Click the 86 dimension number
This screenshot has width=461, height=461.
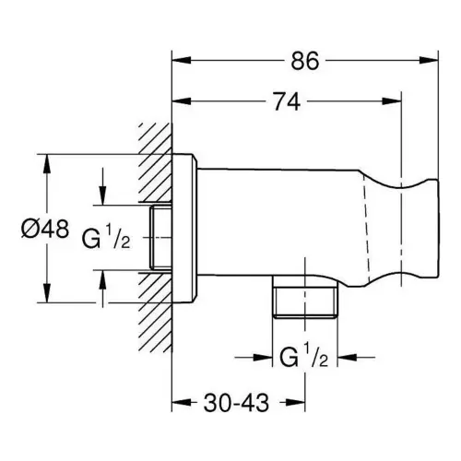[x=305, y=61]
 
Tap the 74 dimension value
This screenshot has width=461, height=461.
[x=287, y=101]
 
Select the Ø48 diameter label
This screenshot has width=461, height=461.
[x=45, y=229]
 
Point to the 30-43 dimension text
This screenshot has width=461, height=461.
[x=236, y=403]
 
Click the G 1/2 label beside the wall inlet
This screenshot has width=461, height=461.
[x=106, y=236]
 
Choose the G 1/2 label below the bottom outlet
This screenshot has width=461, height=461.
[x=304, y=355]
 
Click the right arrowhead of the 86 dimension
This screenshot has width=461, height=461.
[x=429, y=60]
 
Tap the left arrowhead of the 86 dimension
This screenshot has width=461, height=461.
[x=182, y=60]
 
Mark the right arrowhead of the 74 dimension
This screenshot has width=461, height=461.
[x=392, y=101]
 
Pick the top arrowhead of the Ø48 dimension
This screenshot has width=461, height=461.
[x=47, y=163]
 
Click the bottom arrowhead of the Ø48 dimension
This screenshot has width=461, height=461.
[x=47, y=293]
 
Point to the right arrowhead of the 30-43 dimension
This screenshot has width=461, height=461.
[x=296, y=402]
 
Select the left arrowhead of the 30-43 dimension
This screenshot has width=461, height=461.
[x=182, y=402]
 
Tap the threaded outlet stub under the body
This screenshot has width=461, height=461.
[x=305, y=301]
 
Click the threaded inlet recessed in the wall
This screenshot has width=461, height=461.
[x=160, y=238]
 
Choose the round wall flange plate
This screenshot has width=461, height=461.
[x=184, y=229]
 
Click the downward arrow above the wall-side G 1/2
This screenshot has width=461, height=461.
[x=102, y=186]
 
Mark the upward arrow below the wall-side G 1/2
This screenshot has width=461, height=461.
[x=102, y=289]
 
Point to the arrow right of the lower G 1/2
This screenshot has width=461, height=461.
[x=356, y=357]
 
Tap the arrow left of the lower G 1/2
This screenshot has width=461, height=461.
[x=254, y=357]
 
